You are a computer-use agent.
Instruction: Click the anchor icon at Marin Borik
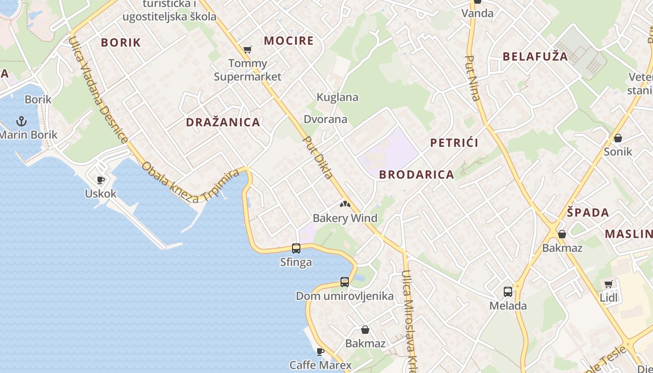point(21,121)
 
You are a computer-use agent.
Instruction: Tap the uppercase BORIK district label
point(121,42)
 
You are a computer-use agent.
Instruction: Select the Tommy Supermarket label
point(248,70)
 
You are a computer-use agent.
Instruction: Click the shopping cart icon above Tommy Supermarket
point(248,50)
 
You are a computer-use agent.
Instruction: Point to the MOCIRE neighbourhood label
point(289,41)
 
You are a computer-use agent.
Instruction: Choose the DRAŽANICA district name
point(223,122)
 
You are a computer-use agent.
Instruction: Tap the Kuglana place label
point(337,97)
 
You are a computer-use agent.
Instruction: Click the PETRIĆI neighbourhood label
point(454,143)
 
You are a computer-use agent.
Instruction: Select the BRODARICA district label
point(417,174)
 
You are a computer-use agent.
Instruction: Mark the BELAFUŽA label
point(535,57)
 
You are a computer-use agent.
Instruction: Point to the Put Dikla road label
point(318,158)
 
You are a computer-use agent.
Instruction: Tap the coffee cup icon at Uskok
point(100,180)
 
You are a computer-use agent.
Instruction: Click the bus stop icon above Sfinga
point(296,249)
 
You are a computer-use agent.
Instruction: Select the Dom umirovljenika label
point(345,296)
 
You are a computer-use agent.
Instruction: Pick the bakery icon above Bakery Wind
point(345,204)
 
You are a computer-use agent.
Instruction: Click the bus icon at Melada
point(508,292)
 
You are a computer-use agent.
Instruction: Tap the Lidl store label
point(609,297)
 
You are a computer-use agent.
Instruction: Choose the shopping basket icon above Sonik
point(618,138)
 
